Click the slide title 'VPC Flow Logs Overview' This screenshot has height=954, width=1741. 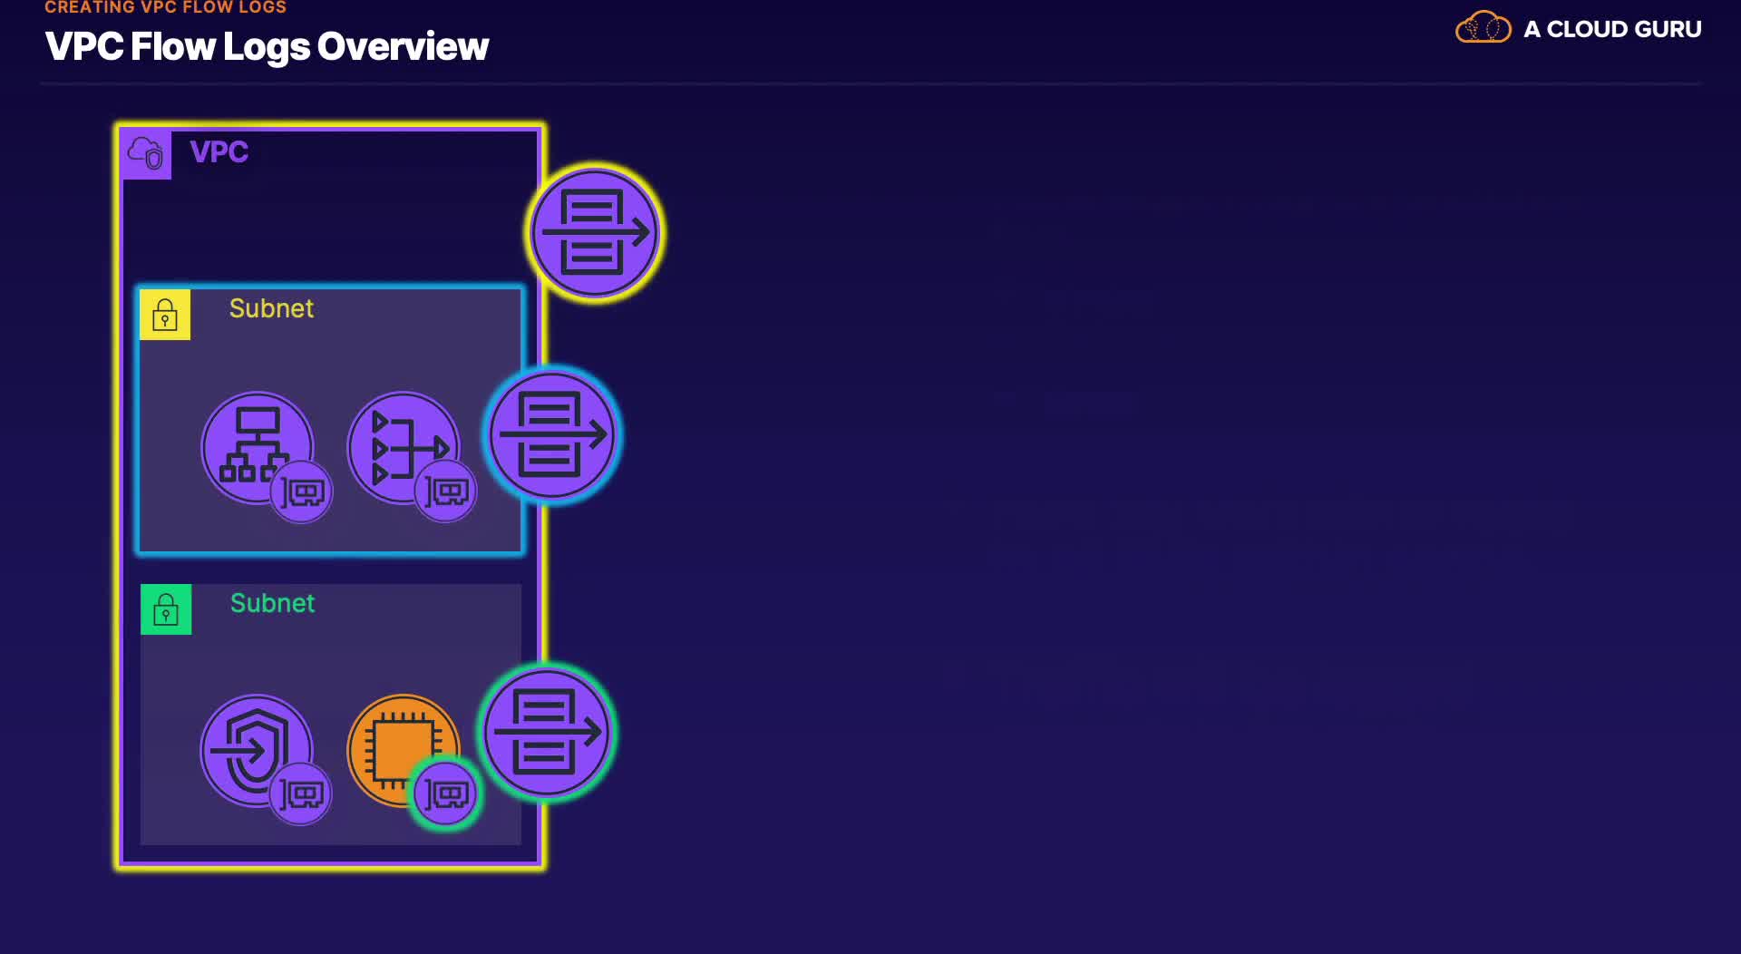coord(267,47)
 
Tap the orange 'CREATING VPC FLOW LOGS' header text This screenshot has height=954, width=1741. coord(165,7)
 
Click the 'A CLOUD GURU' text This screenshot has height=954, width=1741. coord(1612,29)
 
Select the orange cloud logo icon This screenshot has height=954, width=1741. coord(1483,27)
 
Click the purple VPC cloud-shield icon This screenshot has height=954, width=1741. coord(146,153)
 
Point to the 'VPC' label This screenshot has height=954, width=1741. coord(219,151)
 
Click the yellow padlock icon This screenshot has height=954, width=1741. coord(165,315)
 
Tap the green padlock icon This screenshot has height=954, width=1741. coord(166,609)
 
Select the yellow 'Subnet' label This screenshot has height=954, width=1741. coord(271,308)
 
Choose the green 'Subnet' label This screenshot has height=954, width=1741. coord(272,603)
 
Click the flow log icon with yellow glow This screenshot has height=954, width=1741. coord(595,233)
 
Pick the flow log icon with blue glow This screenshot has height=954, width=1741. coord(552,435)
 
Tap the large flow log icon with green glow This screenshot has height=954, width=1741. coord(547,732)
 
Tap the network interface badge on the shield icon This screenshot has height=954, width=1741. coord(301,794)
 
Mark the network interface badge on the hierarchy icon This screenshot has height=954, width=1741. coord(302,492)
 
